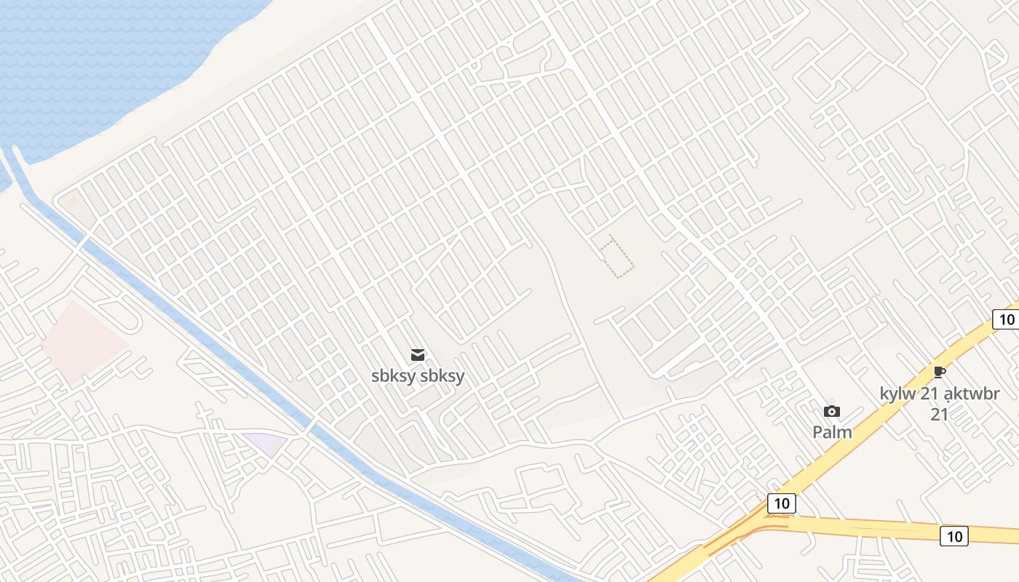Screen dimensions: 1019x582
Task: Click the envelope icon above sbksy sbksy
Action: [418, 355]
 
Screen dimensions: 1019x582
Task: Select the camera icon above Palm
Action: [832, 412]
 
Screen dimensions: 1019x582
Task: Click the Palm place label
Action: [832, 432]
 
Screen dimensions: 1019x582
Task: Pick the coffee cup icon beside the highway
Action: [940, 372]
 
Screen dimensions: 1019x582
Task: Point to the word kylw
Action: [895, 394]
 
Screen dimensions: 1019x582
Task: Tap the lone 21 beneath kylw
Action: [940, 414]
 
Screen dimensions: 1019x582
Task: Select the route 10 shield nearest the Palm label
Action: [781, 503]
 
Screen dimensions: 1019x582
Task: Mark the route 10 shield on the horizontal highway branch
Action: [953, 536]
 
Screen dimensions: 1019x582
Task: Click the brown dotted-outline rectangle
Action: [616, 257]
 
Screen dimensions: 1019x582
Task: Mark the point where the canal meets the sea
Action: [13, 156]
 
